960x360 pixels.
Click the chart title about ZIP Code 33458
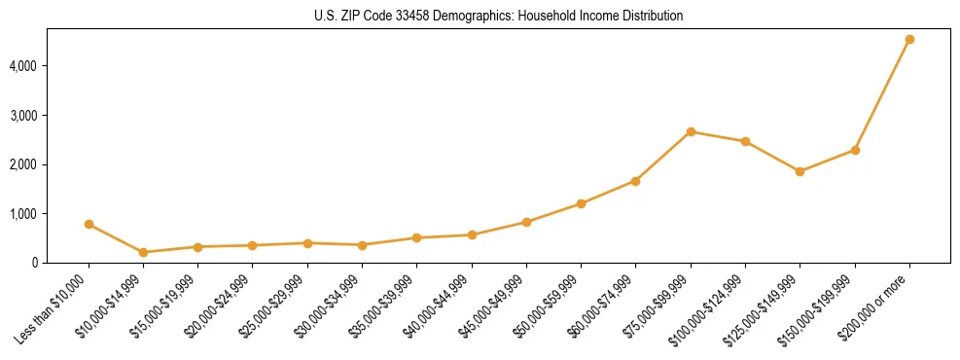[x=498, y=16]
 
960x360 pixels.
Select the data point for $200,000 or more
[x=909, y=40]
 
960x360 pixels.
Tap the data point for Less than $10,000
[x=89, y=224]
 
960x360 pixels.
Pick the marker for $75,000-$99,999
[x=691, y=131]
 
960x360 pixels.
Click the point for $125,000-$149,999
[x=800, y=171]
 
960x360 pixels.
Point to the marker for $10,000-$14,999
[x=144, y=252]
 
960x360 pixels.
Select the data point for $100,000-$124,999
[x=745, y=141]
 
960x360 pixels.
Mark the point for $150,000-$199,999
[x=855, y=150]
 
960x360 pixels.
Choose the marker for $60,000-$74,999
[x=635, y=181]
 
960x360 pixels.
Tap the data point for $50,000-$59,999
[x=581, y=203]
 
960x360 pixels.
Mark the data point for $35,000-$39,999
[x=416, y=237]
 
